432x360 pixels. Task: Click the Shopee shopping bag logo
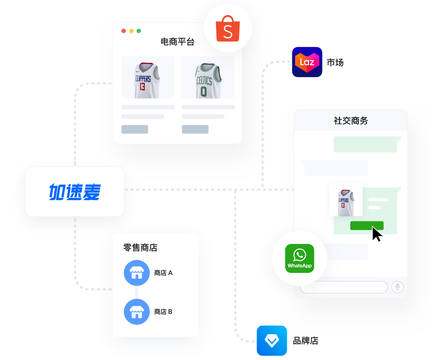click(228, 29)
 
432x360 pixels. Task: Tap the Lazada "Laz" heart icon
click(307, 62)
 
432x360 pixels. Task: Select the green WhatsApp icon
click(300, 258)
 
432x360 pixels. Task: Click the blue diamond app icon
click(272, 341)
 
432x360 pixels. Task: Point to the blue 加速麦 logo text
click(75, 192)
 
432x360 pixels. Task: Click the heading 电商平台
click(177, 42)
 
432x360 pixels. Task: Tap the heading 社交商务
click(351, 121)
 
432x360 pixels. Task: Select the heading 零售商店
click(140, 248)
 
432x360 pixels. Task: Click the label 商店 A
click(163, 273)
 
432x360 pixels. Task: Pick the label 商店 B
click(163, 312)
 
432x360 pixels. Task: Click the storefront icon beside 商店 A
click(136, 273)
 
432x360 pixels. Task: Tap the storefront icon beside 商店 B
click(136, 312)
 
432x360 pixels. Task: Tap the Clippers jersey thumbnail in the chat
click(346, 200)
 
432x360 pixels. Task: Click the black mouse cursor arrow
click(376, 234)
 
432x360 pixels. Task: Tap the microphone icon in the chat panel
click(397, 287)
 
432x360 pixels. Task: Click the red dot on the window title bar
click(123, 31)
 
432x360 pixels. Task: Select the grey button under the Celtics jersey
click(195, 130)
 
